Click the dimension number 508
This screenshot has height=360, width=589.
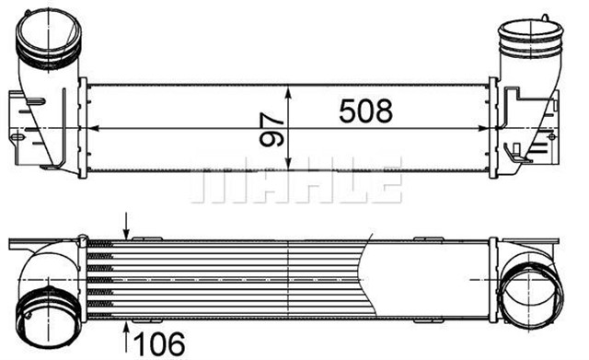[x=366, y=111]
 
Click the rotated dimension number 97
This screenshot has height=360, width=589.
[x=271, y=130]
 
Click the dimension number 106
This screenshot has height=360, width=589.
[x=159, y=343]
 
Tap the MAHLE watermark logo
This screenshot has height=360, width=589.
[x=296, y=180]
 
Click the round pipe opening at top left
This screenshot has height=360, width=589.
[x=49, y=35]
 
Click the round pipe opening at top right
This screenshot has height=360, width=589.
[x=531, y=38]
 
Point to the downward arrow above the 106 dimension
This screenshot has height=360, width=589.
[x=127, y=226]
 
